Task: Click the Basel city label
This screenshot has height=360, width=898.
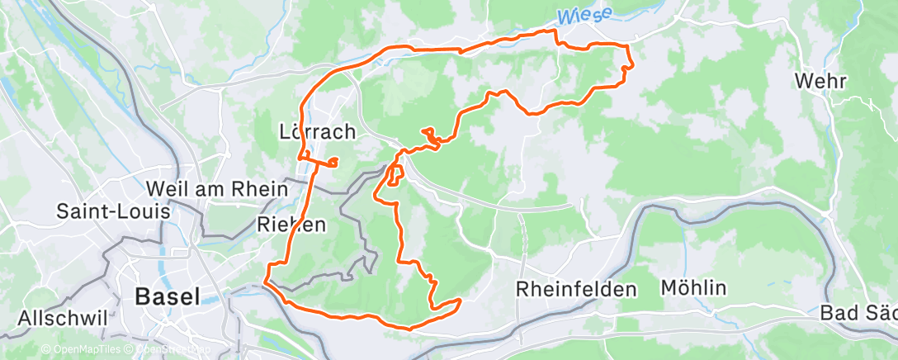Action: click(167, 296)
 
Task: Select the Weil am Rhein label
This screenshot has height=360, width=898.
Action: click(216, 188)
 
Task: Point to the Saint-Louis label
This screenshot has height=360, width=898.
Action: click(113, 211)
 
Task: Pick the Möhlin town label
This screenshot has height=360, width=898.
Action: click(693, 288)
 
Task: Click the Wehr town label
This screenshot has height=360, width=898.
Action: click(817, 81)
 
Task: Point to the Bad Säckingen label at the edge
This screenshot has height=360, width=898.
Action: click(858, 314)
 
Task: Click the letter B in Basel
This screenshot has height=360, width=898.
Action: click(142, 296)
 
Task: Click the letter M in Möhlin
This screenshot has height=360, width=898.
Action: click(669, 288)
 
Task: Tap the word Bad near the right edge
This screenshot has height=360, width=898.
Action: click(838, 314)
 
